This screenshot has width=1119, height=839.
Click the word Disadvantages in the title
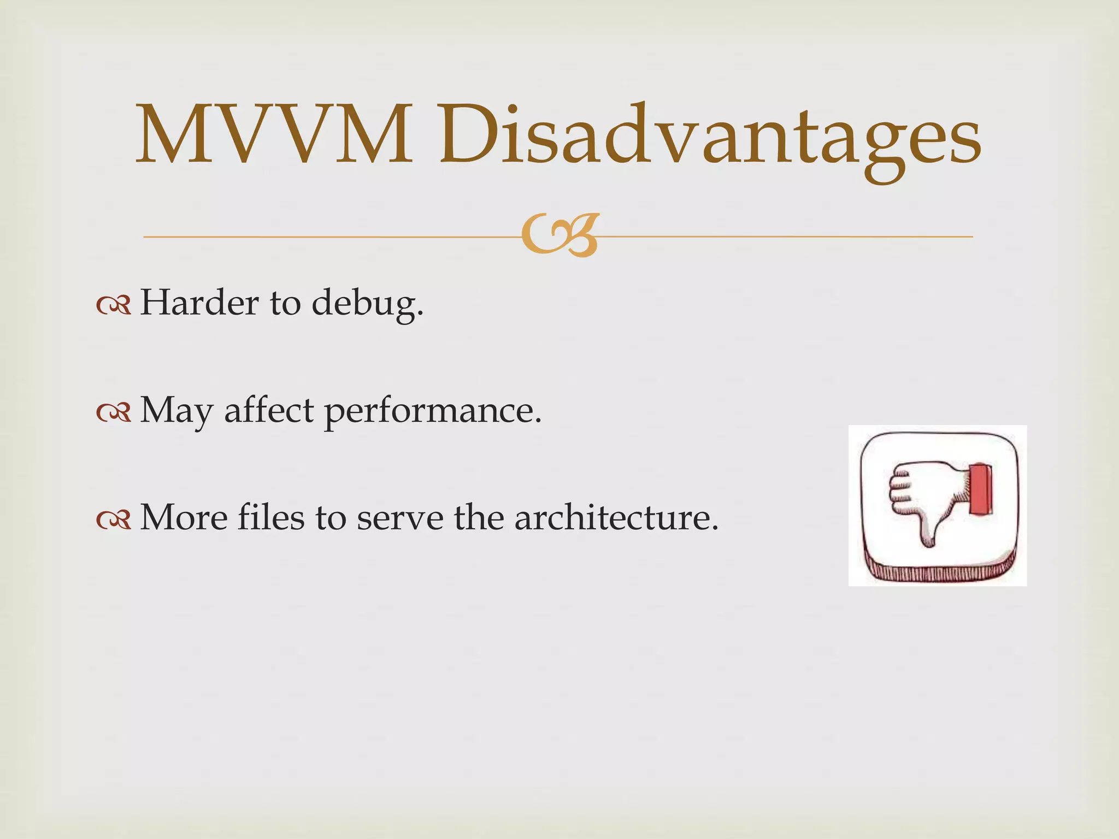pyautogui.click(x=709, y=137)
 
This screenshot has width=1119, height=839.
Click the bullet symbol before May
pyautogui.click(x=114, y=413)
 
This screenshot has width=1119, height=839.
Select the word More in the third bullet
pyautogui.click(x=184, y=517)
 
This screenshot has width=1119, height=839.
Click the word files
pyautogui.click(x=270, y=517)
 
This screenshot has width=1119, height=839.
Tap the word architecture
pyautogui.click(x=616, y=517)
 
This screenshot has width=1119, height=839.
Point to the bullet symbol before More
pyautogui.click(x=114, y=520)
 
